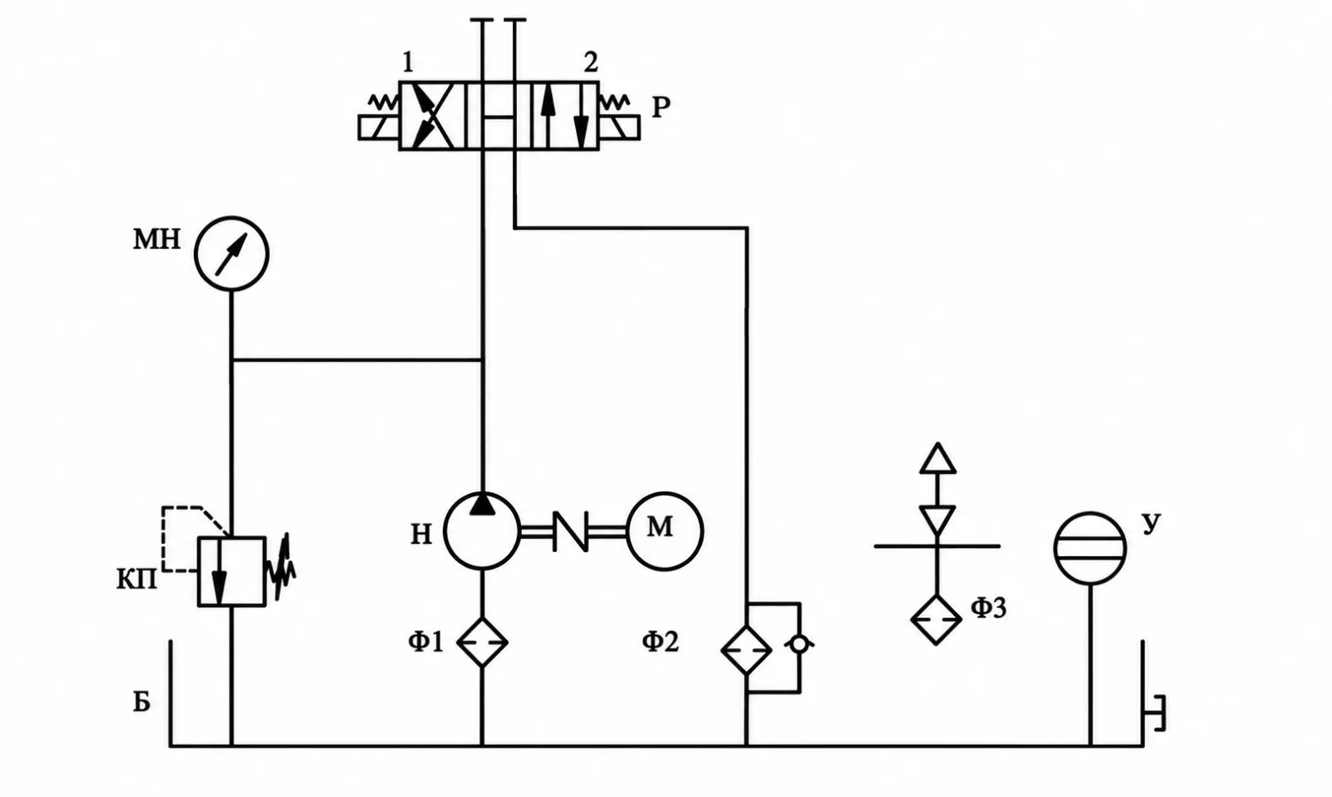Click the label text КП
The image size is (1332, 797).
(x=137, y=580)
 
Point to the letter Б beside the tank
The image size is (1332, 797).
(x=141, y=702)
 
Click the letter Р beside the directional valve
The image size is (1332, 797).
(x=661, y=107)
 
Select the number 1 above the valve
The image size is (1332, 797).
(x=408, y=62)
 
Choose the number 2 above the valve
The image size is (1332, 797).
(x=590, y=62)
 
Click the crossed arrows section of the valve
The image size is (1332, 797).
(x=432, y=116)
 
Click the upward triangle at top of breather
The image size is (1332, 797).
(x=937, y=458)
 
